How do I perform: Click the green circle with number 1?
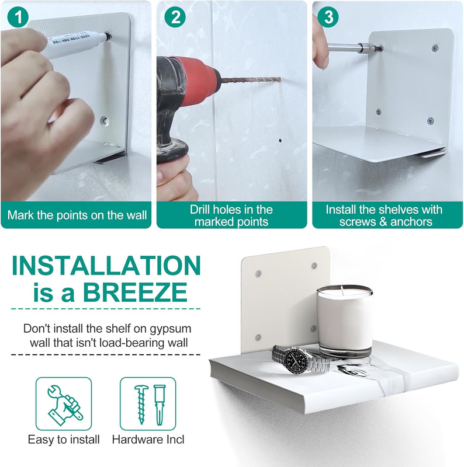point(18,17)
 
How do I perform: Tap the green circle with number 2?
point(175,17)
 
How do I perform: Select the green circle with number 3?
point(328,17)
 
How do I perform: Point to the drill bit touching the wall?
point(251,80)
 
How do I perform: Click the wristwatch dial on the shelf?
point(296,360)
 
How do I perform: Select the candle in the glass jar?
point(344,320)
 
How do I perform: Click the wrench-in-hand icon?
point(64,404)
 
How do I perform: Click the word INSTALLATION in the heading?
point(106,266)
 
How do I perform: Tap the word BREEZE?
point(136,292)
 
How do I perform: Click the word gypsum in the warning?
point(170,329)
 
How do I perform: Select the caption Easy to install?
point(64,440)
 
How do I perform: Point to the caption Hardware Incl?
point(148,440)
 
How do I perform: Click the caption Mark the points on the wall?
point(77,215)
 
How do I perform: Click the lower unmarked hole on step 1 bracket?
point(105,121)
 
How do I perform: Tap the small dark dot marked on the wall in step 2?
point(280,140)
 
